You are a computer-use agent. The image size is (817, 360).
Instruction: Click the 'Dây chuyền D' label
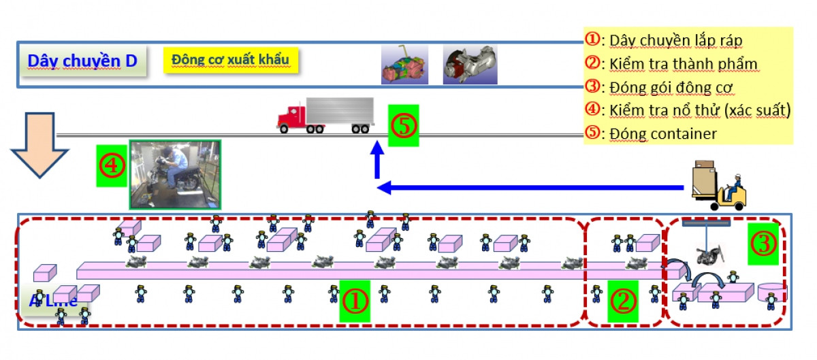click(82, 61)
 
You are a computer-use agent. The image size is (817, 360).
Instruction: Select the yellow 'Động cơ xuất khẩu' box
click(231, 60)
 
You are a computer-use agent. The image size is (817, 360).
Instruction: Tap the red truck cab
click(291, 118)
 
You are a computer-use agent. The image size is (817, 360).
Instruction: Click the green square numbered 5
click(404, 125)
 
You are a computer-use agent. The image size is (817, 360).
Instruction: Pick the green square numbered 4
click(112, 165)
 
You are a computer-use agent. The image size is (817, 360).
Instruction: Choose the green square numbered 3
click(763, 244)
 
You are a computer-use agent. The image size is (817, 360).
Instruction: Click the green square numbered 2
click(623, 300)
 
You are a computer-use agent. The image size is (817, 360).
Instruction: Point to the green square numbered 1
click(355, 301)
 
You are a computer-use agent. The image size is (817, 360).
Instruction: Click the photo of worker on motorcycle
click(175, 174)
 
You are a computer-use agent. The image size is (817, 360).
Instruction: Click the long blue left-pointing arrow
click(531, 187)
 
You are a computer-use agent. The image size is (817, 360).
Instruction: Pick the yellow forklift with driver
click(718, 186)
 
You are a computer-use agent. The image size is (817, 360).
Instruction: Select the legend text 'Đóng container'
click(662, 133)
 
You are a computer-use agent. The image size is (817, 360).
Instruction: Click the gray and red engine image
click(470, 65)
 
